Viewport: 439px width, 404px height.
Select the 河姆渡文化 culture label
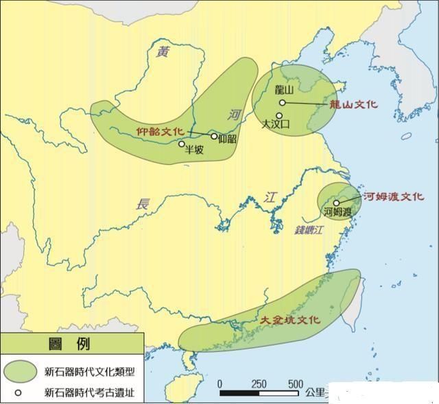pyautogui.click(x=393, y=196)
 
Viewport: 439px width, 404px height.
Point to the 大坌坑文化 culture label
pyautogui.click(x=290, y=320)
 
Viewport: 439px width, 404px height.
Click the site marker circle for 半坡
pyautogui.click(x=182, y=144)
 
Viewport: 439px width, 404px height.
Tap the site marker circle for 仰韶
pyautogui.click(x=214, y=136)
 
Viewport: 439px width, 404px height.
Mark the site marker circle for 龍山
pyautogui.click(x=282, y=103)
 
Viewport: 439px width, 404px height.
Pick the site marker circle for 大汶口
pyautogui.click(x=279, y=116)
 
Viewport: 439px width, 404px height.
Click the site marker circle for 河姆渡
pyautogui.click(x=337, y=202)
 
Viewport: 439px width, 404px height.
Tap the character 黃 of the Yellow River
pyautogui.click(x=162, y=52)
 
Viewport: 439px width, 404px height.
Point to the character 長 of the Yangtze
pyautogui.click(x=143, y=203)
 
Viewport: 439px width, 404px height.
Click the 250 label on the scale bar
pyautogui.click(x=259, y=383)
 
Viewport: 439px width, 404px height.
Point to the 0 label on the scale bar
pyautogui.click(x=220, y=383)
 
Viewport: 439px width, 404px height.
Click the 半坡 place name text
pyautogui.click(x=194, y=151)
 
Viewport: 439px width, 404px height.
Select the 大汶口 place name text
pyautogui.click(x=277, y=125)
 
